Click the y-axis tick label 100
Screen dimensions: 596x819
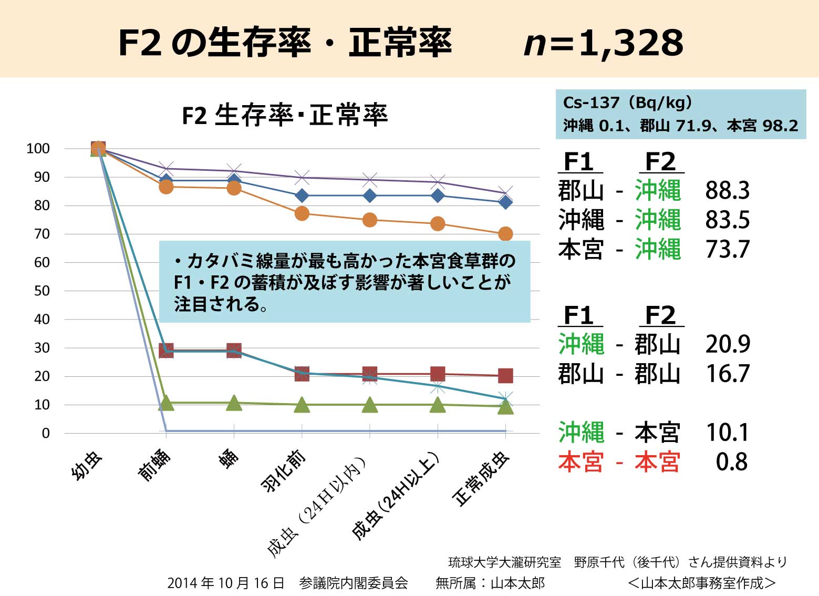tap(38, 149)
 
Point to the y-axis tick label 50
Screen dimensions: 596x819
tap(42, 291)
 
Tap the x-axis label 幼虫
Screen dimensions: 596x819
tap(87, 466)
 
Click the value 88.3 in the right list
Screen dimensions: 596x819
tap(727, 191)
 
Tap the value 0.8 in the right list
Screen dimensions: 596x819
tap(731, 462)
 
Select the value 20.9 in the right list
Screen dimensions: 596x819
tap(728, 344)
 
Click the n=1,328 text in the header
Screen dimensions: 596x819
tap(604, 43)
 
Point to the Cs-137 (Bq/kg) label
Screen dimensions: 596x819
tap(627, 102)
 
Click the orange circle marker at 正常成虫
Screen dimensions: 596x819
tap(505, 234)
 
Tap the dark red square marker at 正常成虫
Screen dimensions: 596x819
tap(505, 376)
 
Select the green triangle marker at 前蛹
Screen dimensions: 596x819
tap(166, 403)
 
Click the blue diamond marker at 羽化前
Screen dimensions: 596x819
tap(302, 196)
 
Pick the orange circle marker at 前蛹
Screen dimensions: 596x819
tap(166, 187)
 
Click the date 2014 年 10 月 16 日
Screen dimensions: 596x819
tap(225, 583)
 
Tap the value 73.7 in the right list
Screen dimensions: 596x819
tap(727, 250)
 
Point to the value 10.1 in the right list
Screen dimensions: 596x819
tap(727, 433)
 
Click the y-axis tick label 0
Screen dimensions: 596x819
tap(46, 434)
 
